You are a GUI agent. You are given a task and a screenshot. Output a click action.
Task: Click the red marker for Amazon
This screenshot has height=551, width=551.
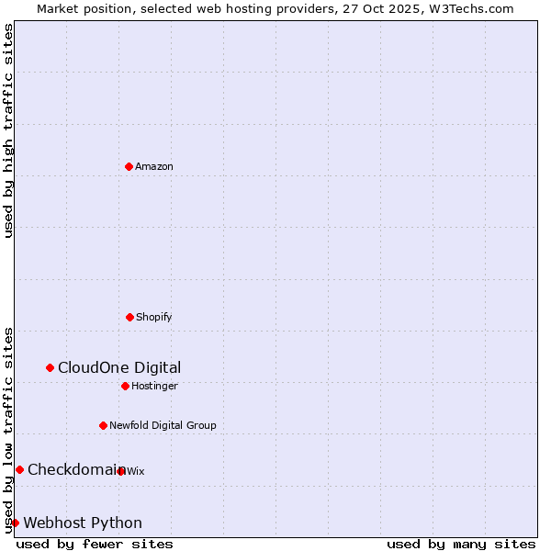129,166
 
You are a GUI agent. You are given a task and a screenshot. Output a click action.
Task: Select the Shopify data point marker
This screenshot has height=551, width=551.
129,317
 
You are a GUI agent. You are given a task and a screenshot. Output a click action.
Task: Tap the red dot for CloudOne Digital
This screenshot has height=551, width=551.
50,367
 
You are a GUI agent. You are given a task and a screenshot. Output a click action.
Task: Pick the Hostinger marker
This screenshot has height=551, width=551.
125,386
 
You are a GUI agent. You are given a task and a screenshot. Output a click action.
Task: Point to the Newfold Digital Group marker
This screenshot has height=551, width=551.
103,425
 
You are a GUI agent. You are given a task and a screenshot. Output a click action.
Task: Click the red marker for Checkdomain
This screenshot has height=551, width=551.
19,469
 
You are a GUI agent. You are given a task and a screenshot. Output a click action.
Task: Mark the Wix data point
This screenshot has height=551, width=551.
121,471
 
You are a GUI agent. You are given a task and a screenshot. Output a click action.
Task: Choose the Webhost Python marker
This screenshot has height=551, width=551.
15,523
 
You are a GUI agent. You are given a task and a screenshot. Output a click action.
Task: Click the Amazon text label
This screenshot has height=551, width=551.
154,166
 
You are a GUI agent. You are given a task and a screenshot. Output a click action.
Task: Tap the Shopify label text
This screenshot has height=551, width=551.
153,317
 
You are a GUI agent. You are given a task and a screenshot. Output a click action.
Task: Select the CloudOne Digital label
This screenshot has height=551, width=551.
119,367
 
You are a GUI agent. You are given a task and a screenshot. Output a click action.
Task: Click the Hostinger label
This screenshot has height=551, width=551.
154,386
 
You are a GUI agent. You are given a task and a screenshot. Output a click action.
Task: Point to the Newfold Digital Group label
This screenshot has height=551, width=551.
163,425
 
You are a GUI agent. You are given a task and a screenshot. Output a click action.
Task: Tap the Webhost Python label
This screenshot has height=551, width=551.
83,523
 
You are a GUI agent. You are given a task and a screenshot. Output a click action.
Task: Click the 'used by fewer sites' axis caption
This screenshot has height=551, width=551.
95,544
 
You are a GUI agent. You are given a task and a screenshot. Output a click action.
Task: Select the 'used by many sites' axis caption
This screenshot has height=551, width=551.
461,544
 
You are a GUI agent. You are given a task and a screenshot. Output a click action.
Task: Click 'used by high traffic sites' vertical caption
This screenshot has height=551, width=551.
8,130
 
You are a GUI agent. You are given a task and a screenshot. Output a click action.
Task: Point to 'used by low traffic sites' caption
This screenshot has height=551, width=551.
8,429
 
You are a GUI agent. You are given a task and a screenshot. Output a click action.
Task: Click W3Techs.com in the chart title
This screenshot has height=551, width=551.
469,8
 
